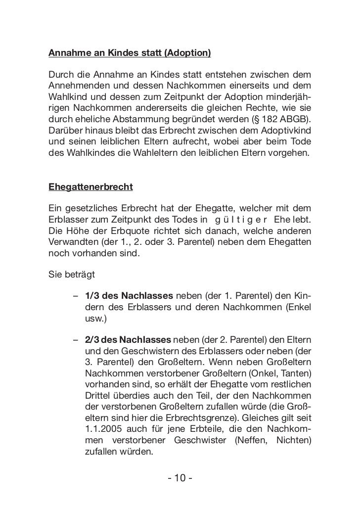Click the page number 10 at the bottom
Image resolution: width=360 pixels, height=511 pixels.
pyautogui.click(x=180, y=478)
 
